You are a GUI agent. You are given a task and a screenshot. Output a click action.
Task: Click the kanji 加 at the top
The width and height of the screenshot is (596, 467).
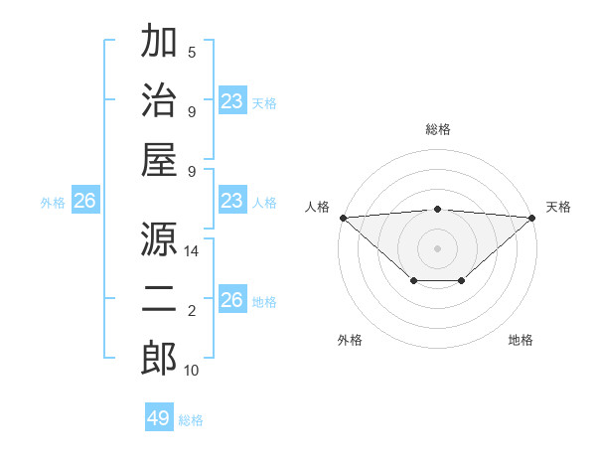coord(159,44)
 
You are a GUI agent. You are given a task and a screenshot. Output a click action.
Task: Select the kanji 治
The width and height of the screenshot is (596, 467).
coord(159,102)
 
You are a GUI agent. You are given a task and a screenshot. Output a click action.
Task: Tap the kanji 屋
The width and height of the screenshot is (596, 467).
coord(159,161)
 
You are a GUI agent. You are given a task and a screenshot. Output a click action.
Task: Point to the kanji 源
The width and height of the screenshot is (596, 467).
coord(159,239)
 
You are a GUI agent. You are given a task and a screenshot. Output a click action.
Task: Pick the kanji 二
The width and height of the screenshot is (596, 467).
coord(159,299)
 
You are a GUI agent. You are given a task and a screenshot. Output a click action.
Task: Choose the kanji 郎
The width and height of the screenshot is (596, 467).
coord(159,358)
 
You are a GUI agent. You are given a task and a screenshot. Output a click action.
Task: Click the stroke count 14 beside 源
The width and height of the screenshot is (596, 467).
coord(192,252)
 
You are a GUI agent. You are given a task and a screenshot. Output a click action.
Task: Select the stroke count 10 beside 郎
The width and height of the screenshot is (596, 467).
coord(192,371)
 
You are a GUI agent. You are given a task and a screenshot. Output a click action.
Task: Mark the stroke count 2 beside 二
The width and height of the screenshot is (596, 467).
coord(192,311)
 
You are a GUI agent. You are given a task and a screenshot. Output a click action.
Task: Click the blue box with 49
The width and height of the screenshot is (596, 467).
coord(159,418)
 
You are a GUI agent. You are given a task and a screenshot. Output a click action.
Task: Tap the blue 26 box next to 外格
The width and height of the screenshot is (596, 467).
coord(84,202)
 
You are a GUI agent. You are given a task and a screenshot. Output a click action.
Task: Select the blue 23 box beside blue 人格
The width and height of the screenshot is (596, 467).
coord(231,202)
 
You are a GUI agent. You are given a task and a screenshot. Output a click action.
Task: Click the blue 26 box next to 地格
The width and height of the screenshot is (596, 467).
coord(231,301)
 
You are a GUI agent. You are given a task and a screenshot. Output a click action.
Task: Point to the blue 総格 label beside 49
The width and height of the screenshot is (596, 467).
coord(191,420)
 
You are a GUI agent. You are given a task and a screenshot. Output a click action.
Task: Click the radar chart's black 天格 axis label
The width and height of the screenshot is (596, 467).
coord(558,207)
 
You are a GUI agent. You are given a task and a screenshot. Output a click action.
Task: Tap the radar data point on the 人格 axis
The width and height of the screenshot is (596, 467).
coord(343,218)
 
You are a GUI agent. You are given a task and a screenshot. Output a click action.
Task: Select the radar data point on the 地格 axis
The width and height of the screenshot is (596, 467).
coord(462,281)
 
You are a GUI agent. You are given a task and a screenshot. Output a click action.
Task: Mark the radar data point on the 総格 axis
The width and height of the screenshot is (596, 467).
coord(437,209)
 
